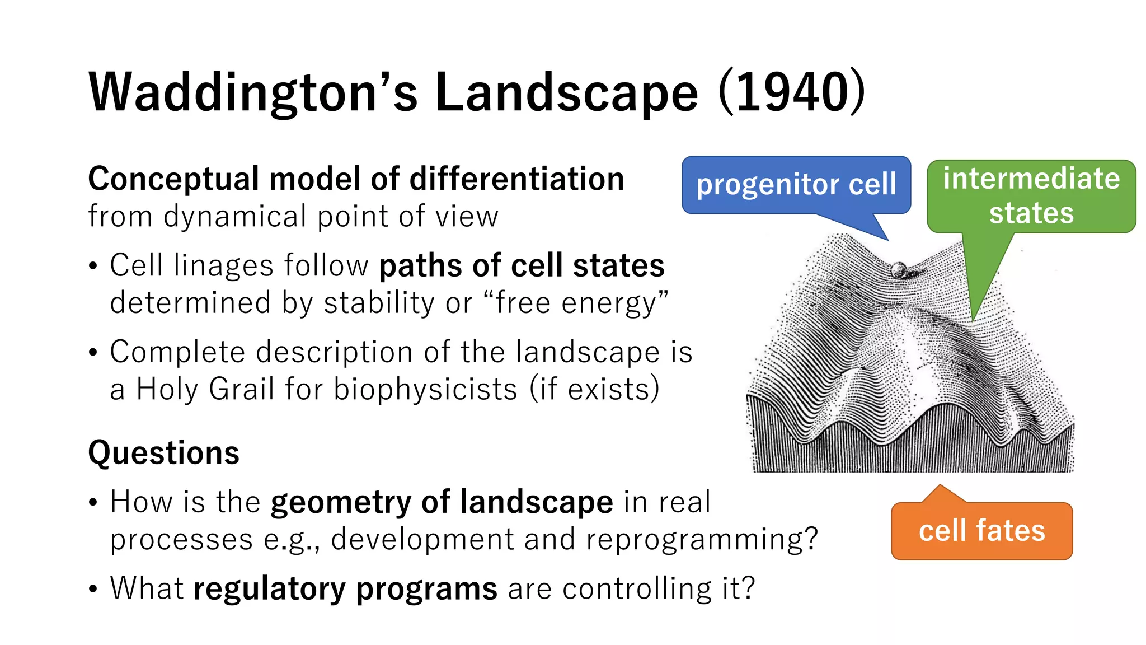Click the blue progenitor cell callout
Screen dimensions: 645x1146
click(x=796, y=185)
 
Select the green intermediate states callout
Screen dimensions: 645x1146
click(x=1031, y=196)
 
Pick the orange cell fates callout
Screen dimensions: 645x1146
click(x=981, y=531)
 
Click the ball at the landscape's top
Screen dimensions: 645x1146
click(x=899, y=270)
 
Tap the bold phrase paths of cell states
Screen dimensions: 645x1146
click(x=522, y=265)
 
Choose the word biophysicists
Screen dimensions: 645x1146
click(x=425, y=389)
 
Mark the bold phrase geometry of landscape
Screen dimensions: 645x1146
click(x=442, y=502)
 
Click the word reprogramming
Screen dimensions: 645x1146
click(x=702, y=540)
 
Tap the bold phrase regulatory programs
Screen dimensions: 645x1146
click(x=345, y=588)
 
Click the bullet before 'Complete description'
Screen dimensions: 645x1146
click(x=93, y=353)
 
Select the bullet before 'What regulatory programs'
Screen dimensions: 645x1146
click(x=93, y=590)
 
